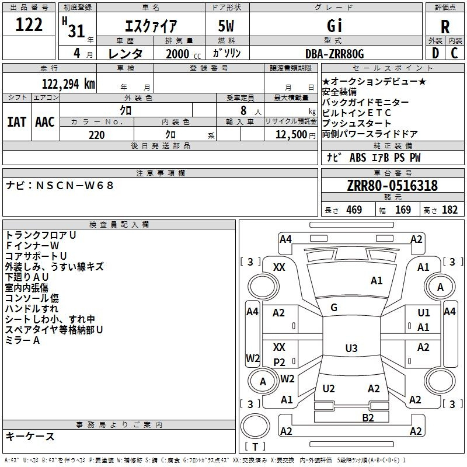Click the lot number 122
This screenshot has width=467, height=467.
(x=29, y=25)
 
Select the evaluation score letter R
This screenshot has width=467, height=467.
(x=445, y=27)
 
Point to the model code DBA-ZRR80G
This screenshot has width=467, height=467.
(x=334, y=54)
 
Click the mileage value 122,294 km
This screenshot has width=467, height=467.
(x=69, y=84)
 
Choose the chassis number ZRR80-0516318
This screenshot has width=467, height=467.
(x=392, y=186)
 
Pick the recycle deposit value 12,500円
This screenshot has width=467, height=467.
(x=291, y=135)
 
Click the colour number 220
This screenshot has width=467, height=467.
(x=96, y=135)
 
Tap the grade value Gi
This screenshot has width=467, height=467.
(x=334, y=27)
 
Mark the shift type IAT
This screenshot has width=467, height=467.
(x=16, y=122)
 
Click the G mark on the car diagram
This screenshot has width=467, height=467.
(x=334, y=308)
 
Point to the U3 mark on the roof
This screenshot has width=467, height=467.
(x=351, y=348)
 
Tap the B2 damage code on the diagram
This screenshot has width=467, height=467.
(x=368, y=417)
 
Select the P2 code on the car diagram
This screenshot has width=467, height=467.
(x=280, y=362)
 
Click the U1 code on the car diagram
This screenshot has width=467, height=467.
(x=424, y=313)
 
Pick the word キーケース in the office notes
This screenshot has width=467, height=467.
(x=30, y=437)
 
